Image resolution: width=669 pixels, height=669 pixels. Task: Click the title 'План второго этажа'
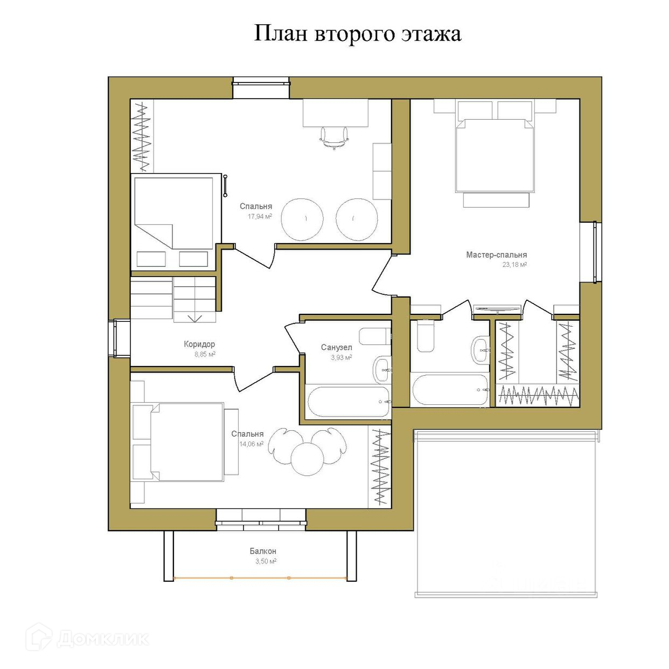[358, 35]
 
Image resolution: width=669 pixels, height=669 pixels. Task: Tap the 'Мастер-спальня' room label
[497, 255]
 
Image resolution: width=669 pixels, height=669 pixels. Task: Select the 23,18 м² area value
[515, 265]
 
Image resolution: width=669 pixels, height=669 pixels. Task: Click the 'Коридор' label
[199, 344]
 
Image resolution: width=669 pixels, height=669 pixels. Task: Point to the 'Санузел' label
[337, 348]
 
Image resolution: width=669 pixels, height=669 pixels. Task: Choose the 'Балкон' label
[263, 551]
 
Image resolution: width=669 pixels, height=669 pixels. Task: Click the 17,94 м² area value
[260, 217]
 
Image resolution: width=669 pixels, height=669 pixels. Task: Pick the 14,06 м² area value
[251, 444]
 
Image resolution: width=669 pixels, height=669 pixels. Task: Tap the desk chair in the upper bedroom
[334, 138]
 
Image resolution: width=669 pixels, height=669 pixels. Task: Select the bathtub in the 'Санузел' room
[349, 402]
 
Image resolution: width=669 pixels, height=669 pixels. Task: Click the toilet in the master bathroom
[426, 336]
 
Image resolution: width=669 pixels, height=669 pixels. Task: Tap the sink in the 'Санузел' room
[382, 370]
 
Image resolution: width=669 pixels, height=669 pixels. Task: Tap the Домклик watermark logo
[88, 638]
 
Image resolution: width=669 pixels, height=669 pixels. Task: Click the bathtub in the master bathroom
[450, 390]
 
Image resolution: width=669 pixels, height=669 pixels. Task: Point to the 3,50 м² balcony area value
[266, 561]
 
